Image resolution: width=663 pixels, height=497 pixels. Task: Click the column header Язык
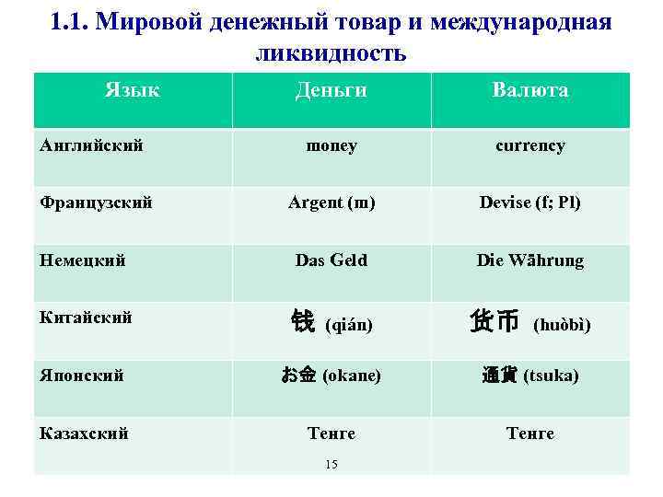point(132,90)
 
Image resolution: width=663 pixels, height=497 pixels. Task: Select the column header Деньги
point(331,90)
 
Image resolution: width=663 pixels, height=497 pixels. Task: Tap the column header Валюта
point(529,90)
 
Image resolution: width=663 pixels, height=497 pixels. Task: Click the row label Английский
point(92,145)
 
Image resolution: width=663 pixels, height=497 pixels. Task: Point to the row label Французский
point(97,202)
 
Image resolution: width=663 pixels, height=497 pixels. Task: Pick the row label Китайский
point(87,318)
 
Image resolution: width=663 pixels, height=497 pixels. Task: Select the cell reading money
point(331,145)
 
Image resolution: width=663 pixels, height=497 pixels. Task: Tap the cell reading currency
point(530,145)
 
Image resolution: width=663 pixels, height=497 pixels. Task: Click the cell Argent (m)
point(331,202)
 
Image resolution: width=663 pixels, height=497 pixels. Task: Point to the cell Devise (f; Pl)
point(530,202)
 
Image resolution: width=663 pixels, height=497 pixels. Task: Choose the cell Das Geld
point(331,260)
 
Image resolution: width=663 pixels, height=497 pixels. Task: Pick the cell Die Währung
point(530,260)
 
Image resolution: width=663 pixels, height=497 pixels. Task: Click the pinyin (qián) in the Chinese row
point(350,325)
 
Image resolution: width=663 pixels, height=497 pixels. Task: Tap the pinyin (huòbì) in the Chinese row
point(562,325)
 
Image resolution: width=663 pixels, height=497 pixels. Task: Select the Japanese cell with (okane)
point(331,376)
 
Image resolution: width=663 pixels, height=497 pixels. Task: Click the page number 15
point(331,464)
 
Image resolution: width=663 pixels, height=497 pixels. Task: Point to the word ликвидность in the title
point(331,52)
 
